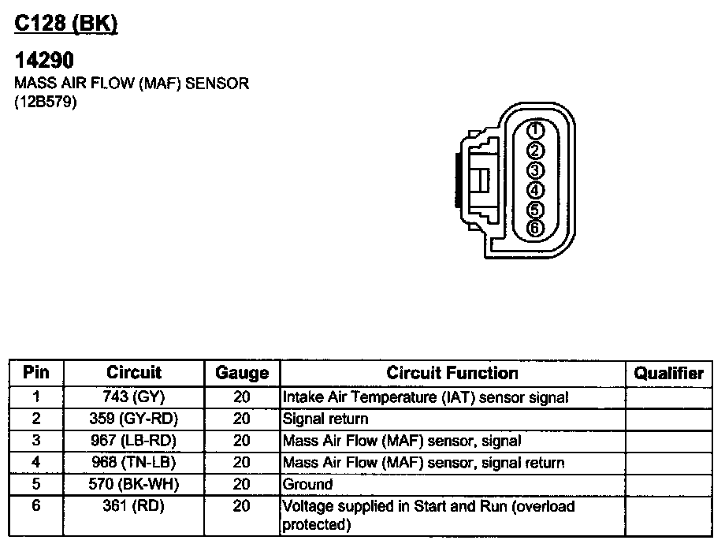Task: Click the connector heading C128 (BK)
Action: coord(66,24)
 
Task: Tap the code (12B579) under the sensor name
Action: coord(45,102)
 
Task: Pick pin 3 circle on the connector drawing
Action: coord(534,170)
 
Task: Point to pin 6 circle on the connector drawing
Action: coord(534,229)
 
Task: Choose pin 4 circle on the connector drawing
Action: coord(534,190)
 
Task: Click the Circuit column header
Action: coord(133,373)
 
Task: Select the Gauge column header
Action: coord(241,374)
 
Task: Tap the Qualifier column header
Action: coord(668,374)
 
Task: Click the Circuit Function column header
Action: coord(452,373)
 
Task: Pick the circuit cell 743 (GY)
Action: coord(133,397)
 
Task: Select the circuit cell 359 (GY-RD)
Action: coord(133,419)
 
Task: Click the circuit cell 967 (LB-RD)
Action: coord(133,441)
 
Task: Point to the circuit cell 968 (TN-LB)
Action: coord(133,463)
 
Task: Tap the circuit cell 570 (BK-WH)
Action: coord(133,484)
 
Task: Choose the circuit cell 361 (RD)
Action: coord(133,506)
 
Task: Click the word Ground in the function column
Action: coord(307,484)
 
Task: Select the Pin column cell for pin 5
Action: coord(36,484)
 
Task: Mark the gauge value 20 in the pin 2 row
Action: coord(241,419)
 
